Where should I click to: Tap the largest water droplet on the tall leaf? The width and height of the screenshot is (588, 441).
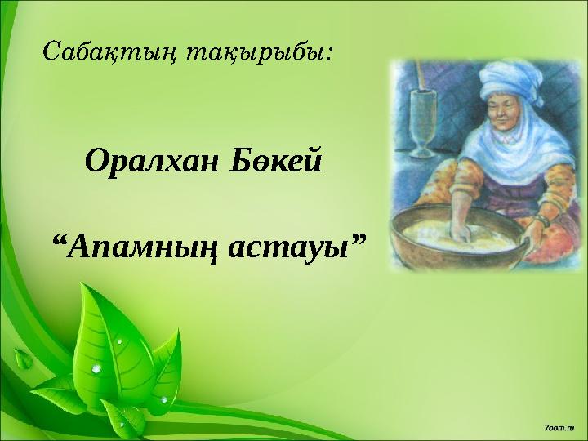point(97,369)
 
